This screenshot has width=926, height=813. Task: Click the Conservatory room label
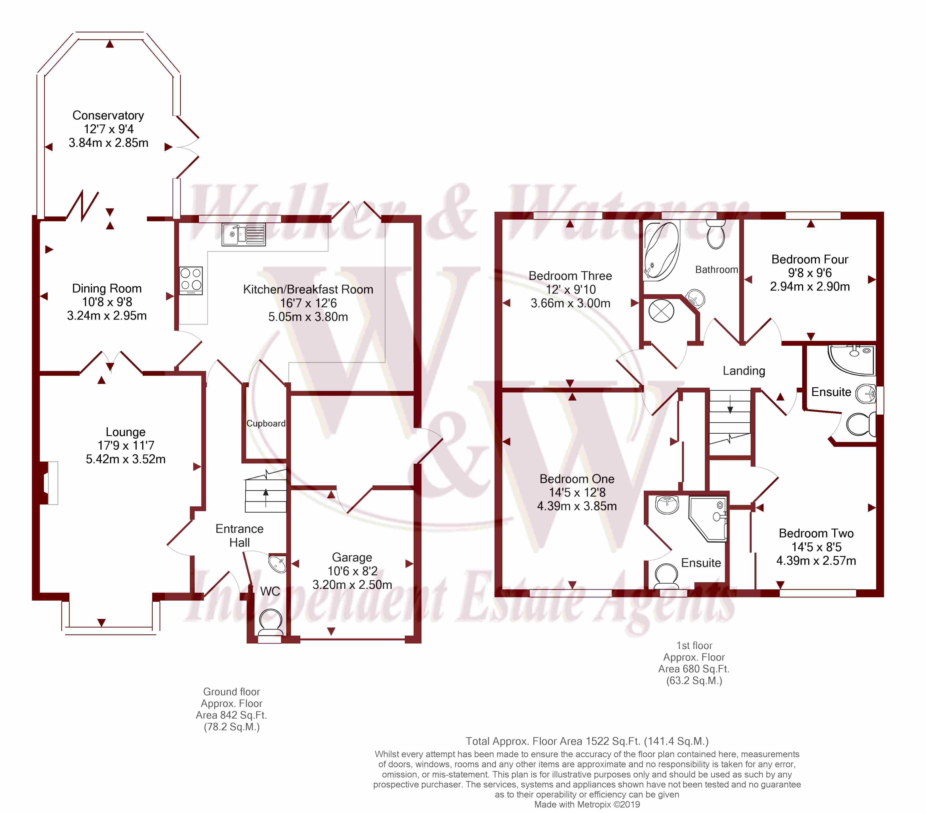coord(108,115)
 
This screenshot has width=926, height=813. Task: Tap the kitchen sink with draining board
coord(244,235)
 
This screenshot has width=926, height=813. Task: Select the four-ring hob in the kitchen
coord(191,281)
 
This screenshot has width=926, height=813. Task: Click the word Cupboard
coord(266,423)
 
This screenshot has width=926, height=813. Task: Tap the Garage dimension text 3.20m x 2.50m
coord(352,585)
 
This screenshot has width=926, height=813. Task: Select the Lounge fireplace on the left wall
coord(49,483)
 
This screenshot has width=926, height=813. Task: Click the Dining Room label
coord(107,288)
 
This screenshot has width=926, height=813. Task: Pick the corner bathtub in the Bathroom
coord(661,251)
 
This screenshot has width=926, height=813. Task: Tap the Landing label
coord(744,371)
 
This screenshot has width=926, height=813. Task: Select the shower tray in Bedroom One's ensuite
coord(708,519)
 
